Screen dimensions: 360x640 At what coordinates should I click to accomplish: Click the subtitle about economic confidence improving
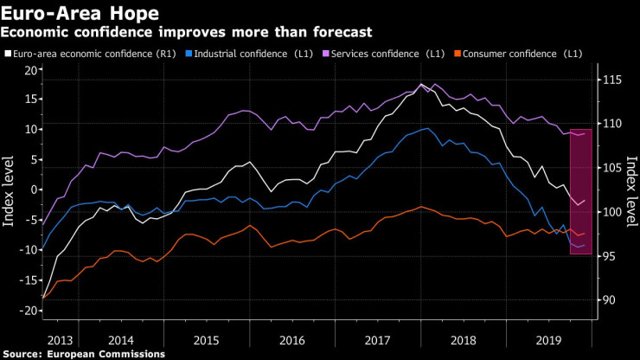tap(186, 32)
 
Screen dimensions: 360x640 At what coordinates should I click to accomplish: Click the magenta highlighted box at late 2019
tap(580, 191)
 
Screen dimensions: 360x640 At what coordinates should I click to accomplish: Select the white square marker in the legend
tap(8, 54)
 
